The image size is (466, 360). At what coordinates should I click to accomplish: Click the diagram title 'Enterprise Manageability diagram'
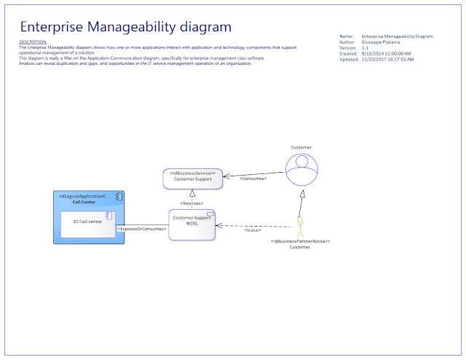click(x=126, y=27)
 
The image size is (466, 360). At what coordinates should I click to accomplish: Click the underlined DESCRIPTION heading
click(x=33, y=42)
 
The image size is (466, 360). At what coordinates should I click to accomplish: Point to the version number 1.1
click(x=365, y=47)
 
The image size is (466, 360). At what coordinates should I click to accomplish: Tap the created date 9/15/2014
click(x=386, y=53)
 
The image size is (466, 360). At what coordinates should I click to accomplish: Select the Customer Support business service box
click(x=192, y=178)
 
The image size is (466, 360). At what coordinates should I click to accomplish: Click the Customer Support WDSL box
click(x=191, y=224)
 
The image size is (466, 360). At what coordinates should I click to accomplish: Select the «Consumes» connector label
click(x=253, y=178)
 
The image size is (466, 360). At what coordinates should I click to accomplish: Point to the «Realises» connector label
click(x=191, y=203)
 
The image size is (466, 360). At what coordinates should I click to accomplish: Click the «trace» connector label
click(x=253, y=230)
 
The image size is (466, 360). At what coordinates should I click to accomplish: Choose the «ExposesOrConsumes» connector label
click(x=142, y=228)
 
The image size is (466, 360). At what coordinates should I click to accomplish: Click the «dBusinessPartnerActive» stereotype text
click(x=300, y=241)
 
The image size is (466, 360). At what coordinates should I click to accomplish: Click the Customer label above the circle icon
click(x=301, y=147)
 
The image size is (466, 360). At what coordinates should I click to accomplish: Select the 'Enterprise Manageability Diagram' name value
click(x=397, y=36)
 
